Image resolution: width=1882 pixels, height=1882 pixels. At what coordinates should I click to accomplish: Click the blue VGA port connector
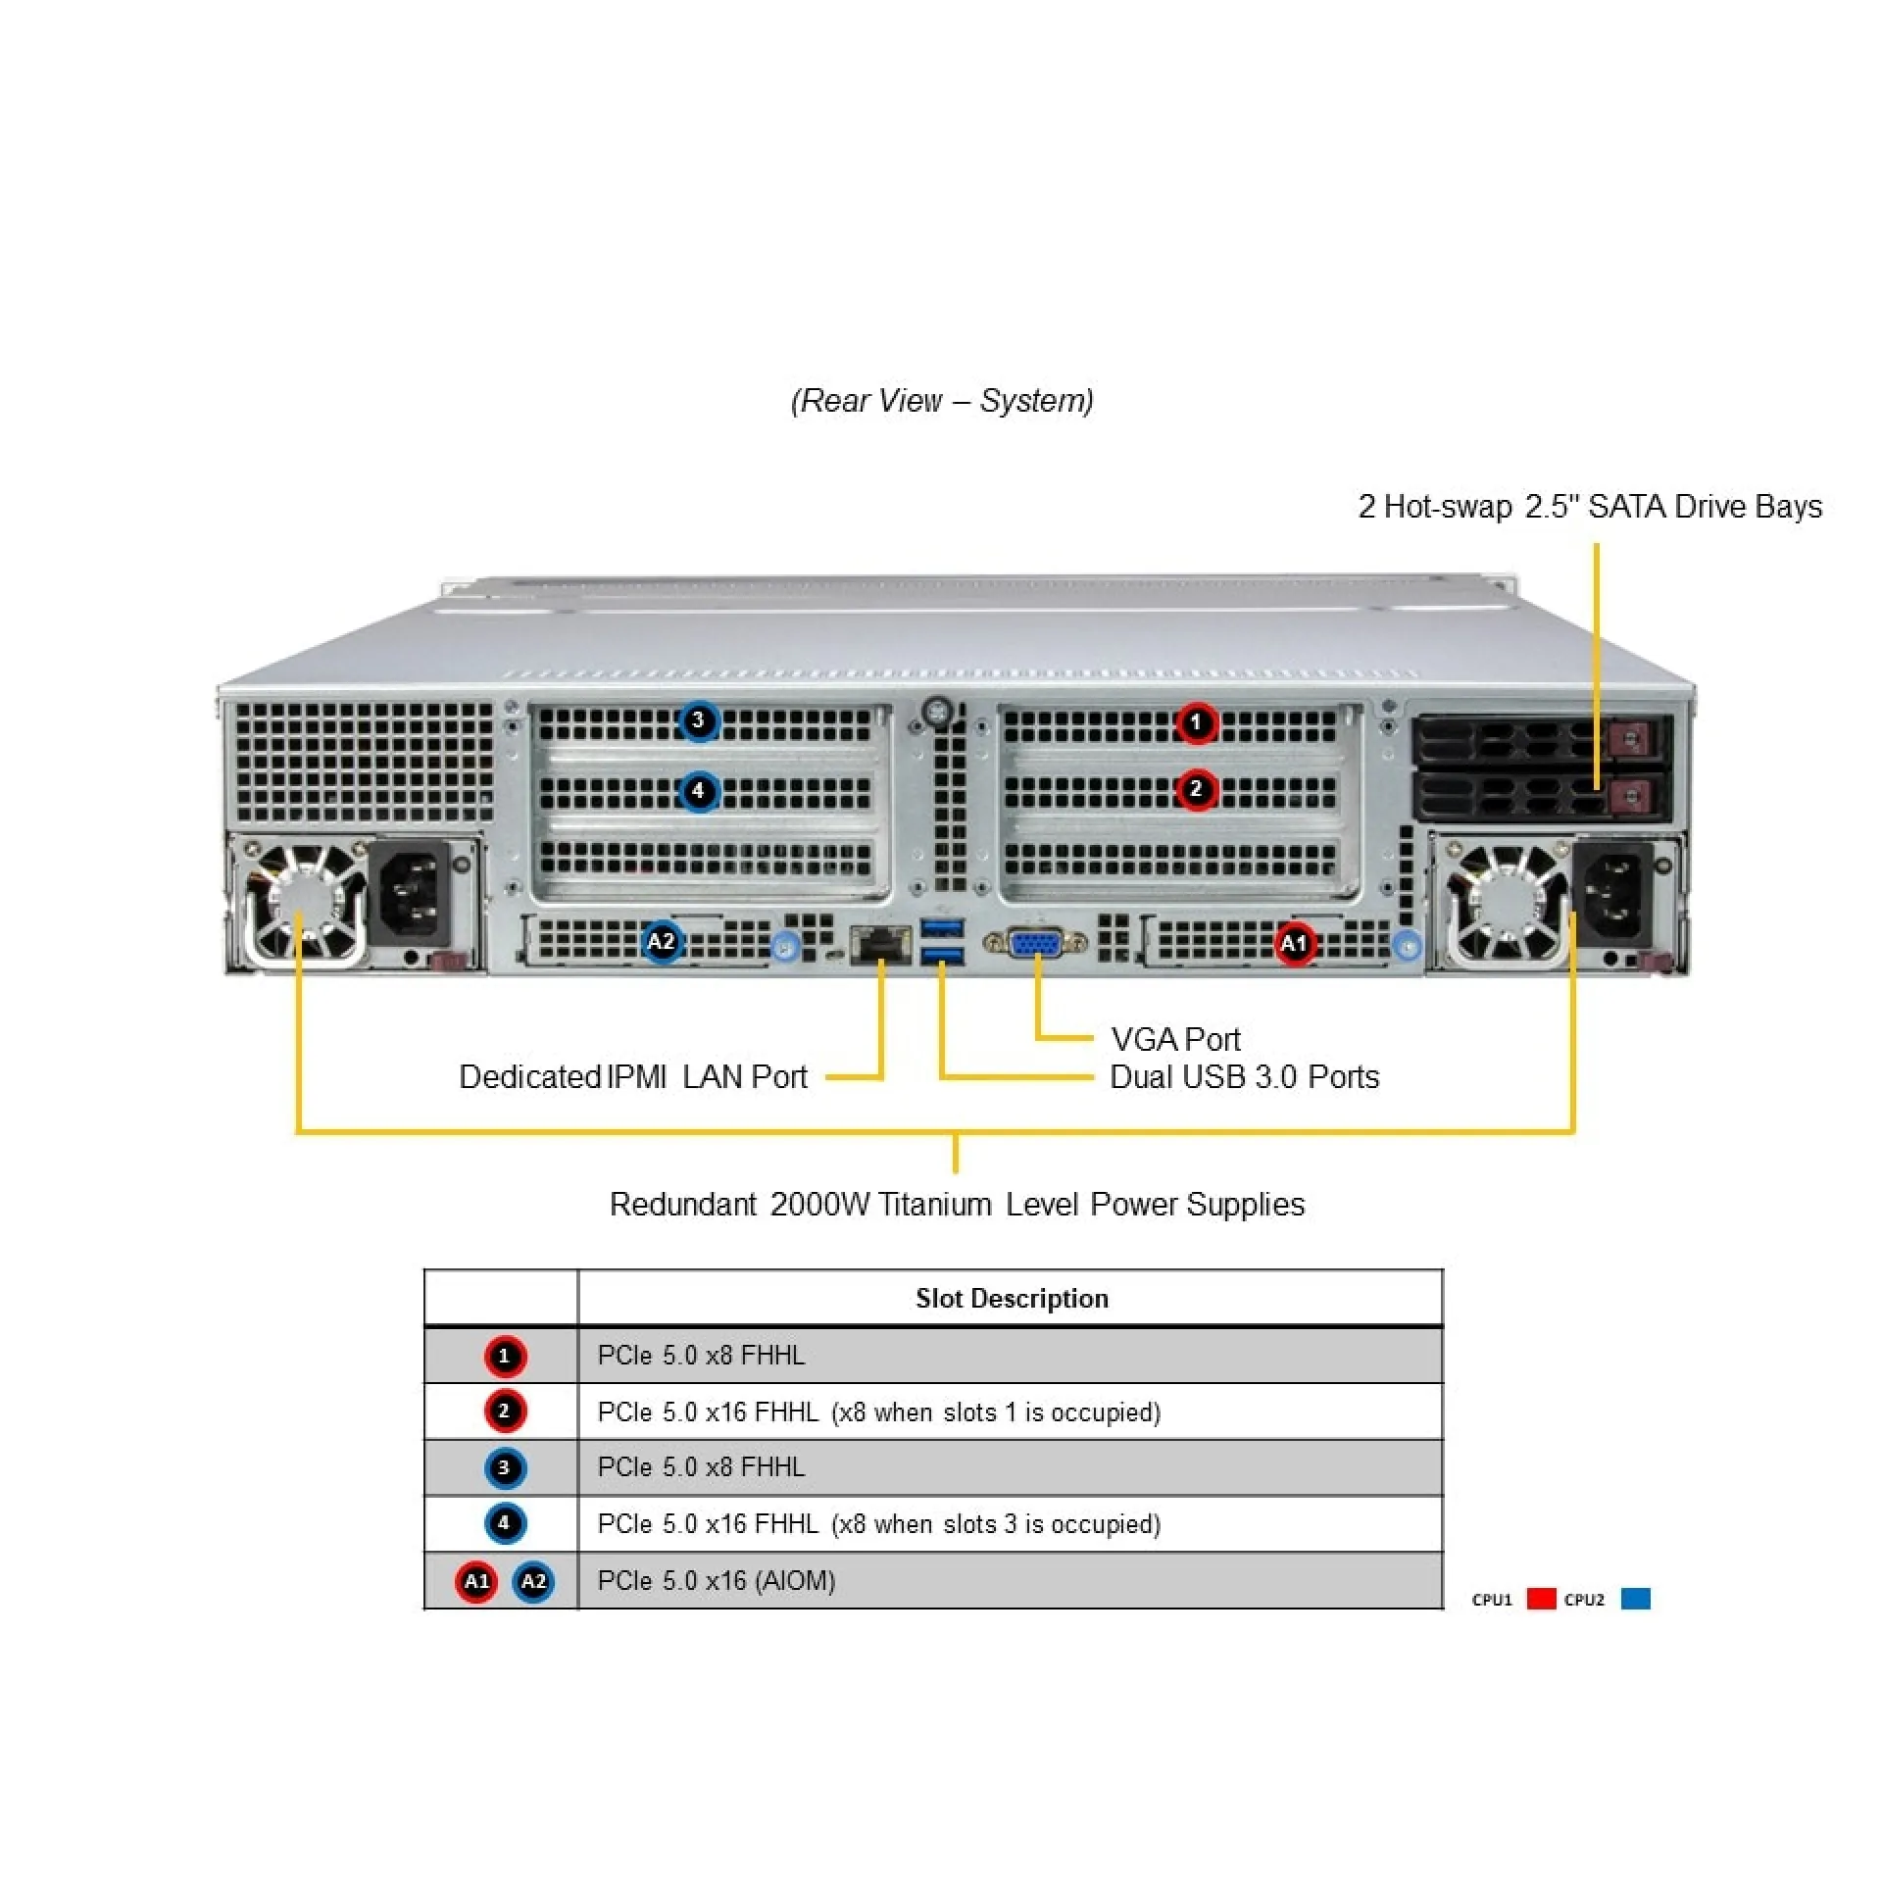point(1035,944)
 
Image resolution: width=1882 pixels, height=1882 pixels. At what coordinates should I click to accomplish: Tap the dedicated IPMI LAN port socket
point(879,943)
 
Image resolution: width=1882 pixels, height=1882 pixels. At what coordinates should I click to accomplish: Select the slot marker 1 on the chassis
point(1196,723)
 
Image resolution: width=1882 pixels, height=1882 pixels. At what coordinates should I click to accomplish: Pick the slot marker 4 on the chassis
point(698,790)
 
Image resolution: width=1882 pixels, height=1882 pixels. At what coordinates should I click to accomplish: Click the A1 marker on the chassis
point(1294,943)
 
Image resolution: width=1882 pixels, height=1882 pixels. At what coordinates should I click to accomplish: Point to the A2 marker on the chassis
point(662,942)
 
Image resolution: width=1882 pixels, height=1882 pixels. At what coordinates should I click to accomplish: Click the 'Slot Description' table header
point(1011,1299)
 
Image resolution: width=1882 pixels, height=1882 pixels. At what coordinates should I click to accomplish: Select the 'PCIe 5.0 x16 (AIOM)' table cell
point(717,1580)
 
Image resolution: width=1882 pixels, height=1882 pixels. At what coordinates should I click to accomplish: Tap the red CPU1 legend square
point(1541,1599)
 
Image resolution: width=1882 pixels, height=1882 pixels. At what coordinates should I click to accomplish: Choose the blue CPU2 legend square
point(1635,1599)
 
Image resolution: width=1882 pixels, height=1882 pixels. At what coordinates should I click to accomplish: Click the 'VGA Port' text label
point(1175,1039)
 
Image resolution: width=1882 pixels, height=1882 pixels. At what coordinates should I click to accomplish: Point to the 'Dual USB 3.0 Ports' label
point(1244,1077)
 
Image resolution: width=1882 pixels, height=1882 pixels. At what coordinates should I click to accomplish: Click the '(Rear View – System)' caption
point(942,401)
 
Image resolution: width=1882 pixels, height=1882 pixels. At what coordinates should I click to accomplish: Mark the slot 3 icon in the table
point(505,1467)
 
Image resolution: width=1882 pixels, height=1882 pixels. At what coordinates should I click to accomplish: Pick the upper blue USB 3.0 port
point(943,927)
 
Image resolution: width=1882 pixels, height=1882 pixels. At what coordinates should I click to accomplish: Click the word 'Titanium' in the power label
point(935,1204)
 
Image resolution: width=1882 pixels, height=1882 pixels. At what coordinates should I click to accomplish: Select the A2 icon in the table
point(533,1581)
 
